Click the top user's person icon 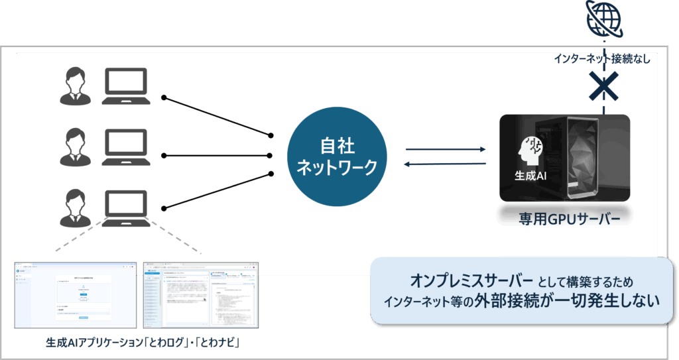[74, 86]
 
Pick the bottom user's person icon [74, 208]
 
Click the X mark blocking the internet [604, 86]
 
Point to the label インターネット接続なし [602, 59]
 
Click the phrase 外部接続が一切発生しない [567, 300]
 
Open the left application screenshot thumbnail [75, 294]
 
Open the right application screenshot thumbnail [201, 294]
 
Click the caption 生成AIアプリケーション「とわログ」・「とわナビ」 [143, 343]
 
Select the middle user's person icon [74, 147]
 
